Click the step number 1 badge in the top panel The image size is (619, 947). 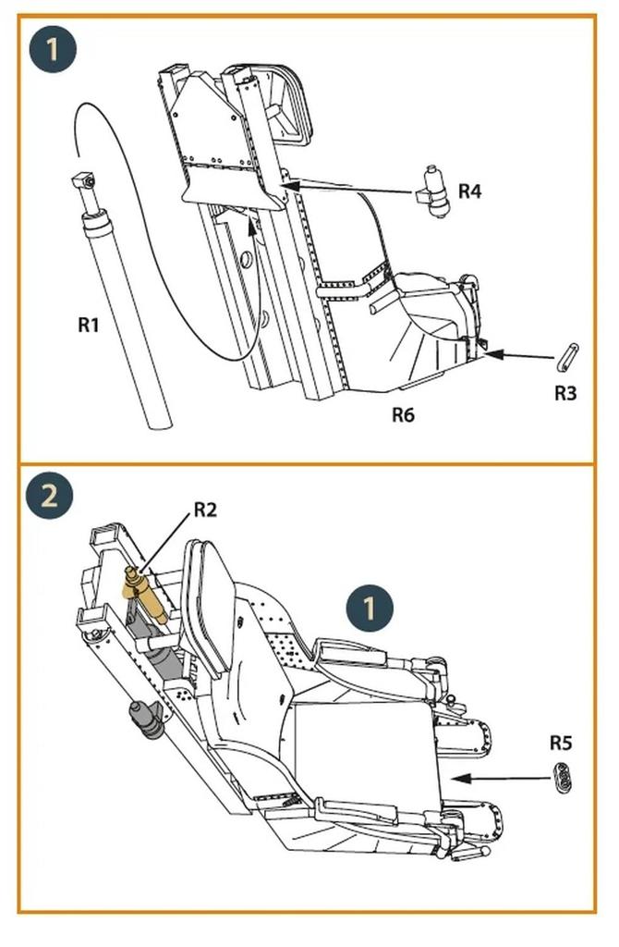pyautogui.click(x=52, y=48)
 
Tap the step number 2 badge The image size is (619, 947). pyautogui.click(x=50, y=497)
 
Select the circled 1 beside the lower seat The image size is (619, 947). pyautogui.click(x=370, y=609)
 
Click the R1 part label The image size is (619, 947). pyautogui.click(x=89, y=325)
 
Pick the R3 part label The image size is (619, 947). pyautogui.click(x=565, y=392)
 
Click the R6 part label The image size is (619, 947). pyautogui.click(x=402, y=414)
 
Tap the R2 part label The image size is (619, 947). pyautogui.click(x=204, y=510)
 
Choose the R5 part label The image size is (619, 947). pyautogui.click(x=561, y=743)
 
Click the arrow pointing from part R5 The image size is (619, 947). pyautogui.click(x=499, y=779)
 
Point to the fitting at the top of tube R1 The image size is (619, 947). pyautogui.click(x=84, y=184)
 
